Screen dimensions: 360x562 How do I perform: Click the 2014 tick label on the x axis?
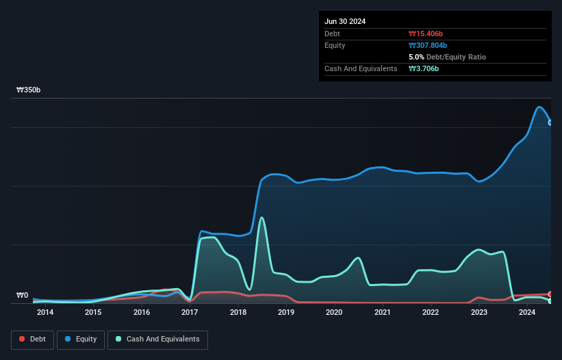[x=45, y=313]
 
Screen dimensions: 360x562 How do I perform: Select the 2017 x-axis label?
[x=190, y=313]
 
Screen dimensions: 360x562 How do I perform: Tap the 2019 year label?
[x=286, y=313]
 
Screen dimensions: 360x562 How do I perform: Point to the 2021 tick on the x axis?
[x=383, y=313]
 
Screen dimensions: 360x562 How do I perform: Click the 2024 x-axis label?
[x=527, y=313]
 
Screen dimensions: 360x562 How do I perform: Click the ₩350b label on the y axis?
[x=29, y=90]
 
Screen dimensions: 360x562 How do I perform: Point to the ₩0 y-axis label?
[x=22, y=296]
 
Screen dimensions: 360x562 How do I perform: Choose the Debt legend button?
[x=31, y=339]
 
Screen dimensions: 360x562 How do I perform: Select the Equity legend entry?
[x=81, y=339]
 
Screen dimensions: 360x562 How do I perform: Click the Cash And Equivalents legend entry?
[x=157, y=339]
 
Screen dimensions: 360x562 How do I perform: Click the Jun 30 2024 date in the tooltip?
[x=345, y=21]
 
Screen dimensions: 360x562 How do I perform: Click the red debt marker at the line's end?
[x=550, y=294]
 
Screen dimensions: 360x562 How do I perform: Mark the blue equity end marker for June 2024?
[x=550, y=123]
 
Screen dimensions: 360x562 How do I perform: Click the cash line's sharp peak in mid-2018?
[x=261, y=218]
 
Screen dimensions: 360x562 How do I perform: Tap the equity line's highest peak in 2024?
[x=539, y=107]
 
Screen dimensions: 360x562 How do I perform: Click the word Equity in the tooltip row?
[x=335, y=45]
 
